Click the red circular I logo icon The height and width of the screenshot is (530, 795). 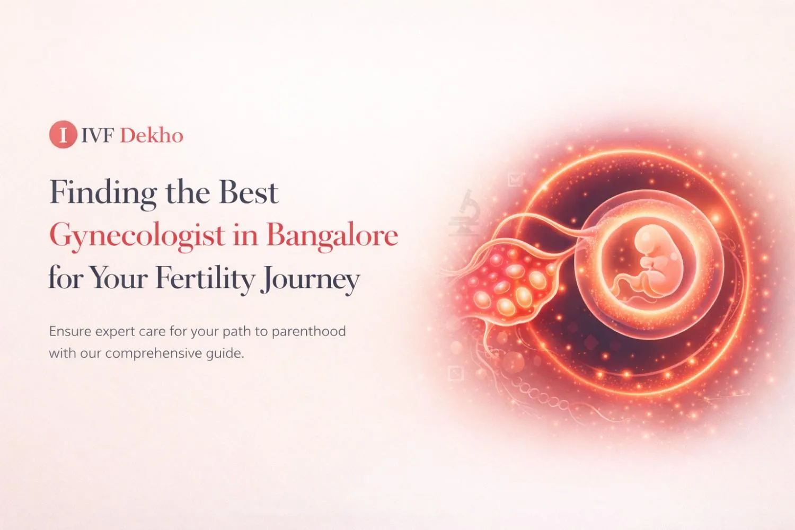click(63, 135)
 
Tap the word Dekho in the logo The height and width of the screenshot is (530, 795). click(152, 136)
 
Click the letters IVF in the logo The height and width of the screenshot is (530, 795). click(98, 136)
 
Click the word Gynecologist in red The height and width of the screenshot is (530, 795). click(137, 235)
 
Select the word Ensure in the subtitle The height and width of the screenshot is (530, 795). click(70, 332)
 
